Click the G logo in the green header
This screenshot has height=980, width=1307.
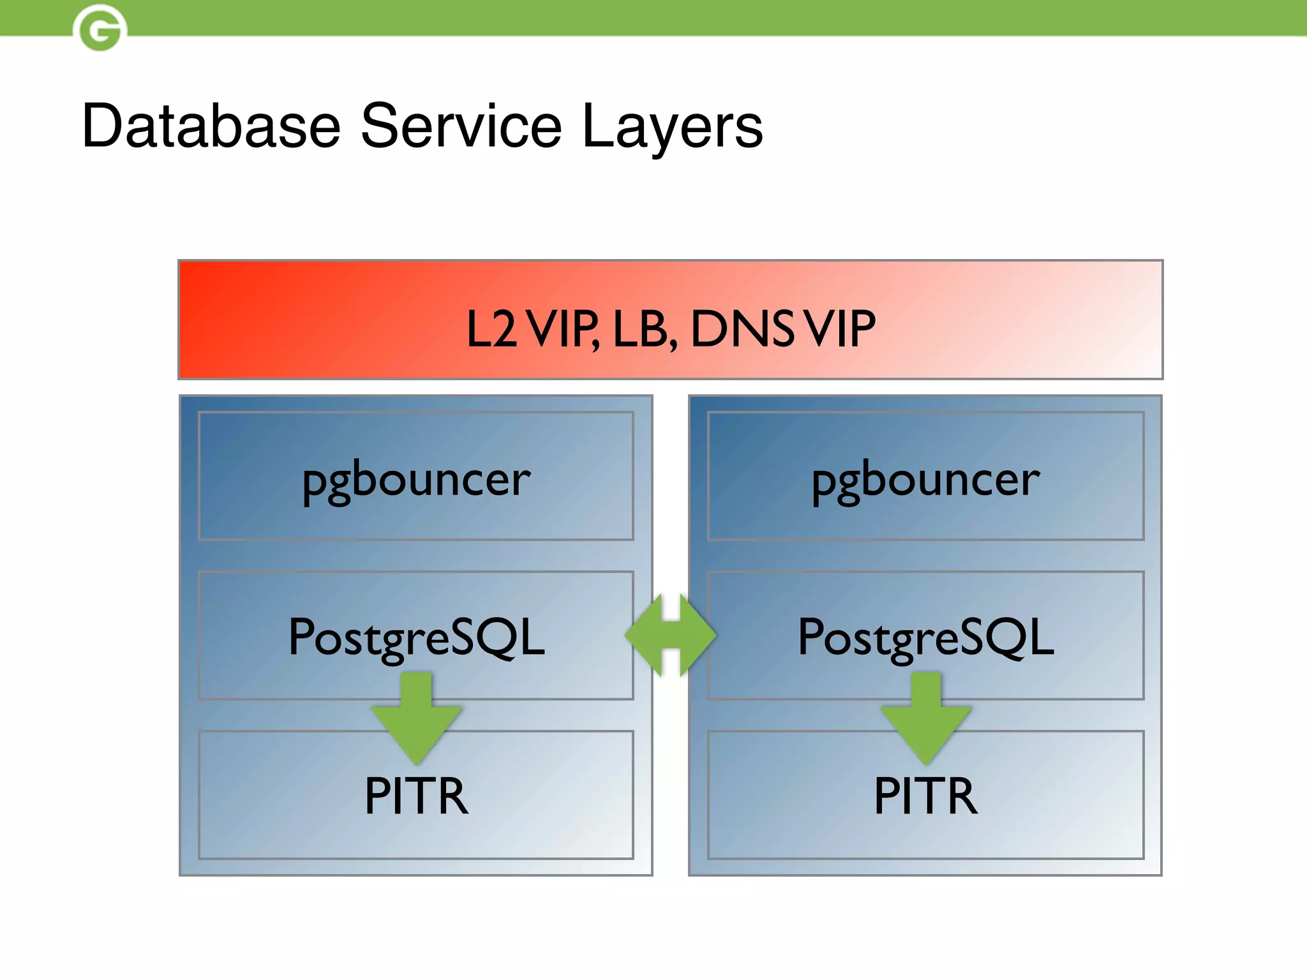point(100,29)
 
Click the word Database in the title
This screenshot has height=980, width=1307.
point(211,126)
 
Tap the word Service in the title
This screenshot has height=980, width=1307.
point(461,126)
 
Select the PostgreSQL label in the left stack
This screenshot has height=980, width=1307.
point(416,637)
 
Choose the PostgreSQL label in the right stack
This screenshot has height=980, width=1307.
point(925,637)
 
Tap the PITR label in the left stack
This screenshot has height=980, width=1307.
point(416,796)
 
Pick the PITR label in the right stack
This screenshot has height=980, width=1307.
point(925,796)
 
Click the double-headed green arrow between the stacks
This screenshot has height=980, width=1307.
point(670,635)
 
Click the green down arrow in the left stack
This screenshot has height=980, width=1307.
point(416,718)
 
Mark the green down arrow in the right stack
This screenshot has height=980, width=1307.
point(925,718)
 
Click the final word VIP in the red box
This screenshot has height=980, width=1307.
point(839,329)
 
